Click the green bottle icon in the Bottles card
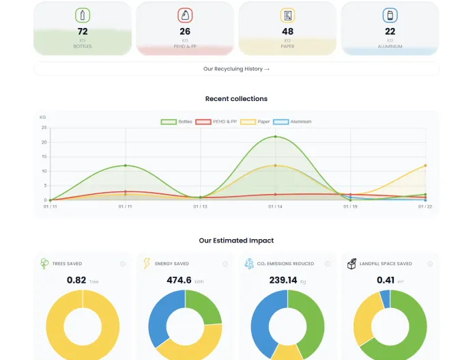click(83, 15)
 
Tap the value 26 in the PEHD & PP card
click(185, 31)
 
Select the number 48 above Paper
click(287, 31)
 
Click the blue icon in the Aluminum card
click(390, 15)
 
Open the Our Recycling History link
click(236, 69)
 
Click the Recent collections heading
click(236, 99)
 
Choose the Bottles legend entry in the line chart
click(177, 122)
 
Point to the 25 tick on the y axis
click(44, 128)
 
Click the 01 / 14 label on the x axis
click(275, 206)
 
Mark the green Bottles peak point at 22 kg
click(276, 137)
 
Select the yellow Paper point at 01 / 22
click(425, 165)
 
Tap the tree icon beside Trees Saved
click(44, 264)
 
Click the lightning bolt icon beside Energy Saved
click(147, 264)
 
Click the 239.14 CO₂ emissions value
click(283, 280)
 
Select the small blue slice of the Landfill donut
click(385, 299)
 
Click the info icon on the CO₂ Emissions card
click(328, 264)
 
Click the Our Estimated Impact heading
click(236, 240)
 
